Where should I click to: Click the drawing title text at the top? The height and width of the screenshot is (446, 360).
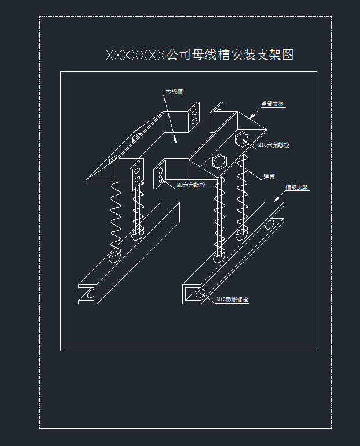coord(200,55)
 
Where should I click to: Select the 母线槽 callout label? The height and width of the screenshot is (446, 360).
coord(174,91)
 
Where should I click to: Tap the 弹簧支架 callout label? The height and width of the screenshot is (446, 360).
coord(273,105)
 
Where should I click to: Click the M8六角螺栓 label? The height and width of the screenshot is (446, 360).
coord(191,185)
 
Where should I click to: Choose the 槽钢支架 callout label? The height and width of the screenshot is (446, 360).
coord(297,188)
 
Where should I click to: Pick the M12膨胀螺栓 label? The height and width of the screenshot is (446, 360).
coord(232,300)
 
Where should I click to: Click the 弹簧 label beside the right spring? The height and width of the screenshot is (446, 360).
coord(269,176)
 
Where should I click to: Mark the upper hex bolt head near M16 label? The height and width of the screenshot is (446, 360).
coord(243,140)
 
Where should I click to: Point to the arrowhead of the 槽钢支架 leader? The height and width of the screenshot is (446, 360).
coord(276,199)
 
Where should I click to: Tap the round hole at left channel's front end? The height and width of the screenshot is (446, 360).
coord(90,294)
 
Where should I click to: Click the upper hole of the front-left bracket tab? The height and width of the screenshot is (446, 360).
coord(138,171)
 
